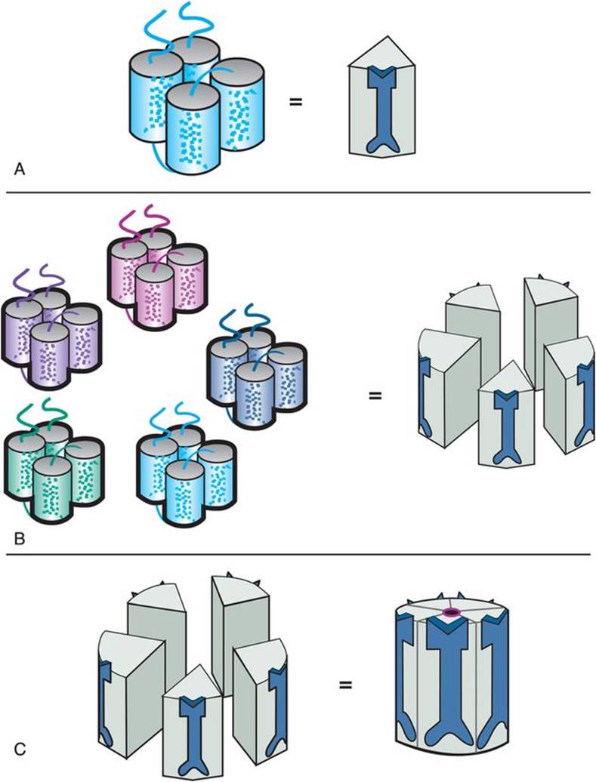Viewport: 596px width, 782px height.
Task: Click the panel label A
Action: pyautogui.click(x=20, y=170)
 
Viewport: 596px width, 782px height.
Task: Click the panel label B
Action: pyautogui.click(x=20, y=539)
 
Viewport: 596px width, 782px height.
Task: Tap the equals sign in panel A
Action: pyautogui.click(x=296, y=102)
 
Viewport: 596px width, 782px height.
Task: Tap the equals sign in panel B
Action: pyautogui.click(x=375, y=396)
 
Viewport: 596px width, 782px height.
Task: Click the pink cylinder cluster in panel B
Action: pyautogui.click(x=156, y=269)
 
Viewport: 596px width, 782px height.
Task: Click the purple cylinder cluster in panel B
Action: pyautogui.click(x=52, y=328)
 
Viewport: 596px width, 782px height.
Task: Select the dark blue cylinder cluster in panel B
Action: pyautogui.click(x=257, y=367)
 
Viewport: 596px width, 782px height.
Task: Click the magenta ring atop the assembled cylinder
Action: pyautogui.click(x=451, y=612)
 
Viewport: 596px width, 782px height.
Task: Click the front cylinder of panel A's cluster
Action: pyautogui.click(x=193, y=129)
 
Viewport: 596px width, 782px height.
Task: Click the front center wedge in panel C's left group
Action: pyautogui.click(x=192, y=721)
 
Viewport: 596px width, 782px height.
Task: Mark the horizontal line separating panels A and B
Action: pyautogui.click(x=298, y=192)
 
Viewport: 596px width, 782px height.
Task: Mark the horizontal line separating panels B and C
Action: pyautogui.click(x=298, y=554)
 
